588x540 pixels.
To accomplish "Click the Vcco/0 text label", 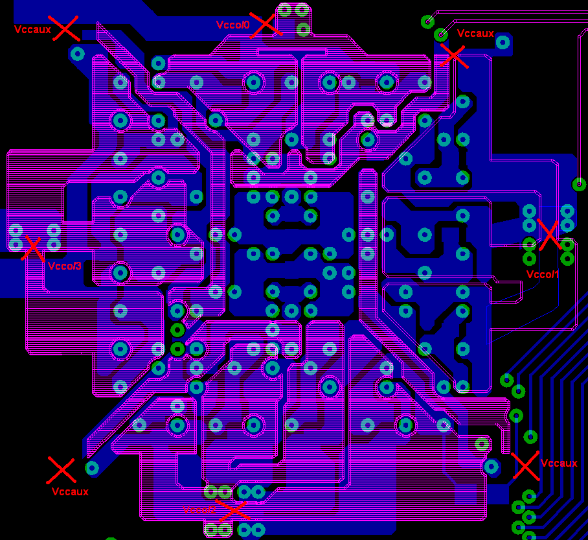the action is pyautogui.click(x=233, y=25).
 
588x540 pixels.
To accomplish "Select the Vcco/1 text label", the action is pyautogui.click(x=543, y=274).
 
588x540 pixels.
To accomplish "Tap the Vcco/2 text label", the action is pyautogui.click(x=199, y=510).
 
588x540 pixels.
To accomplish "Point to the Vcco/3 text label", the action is pyautogui.click(x=65, y=266).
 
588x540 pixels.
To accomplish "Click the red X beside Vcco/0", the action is pyautogui.click(x=266, y=25).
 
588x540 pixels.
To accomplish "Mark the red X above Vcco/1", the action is pyautogui.click(x=550, y=235).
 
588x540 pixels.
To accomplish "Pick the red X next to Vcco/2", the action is pyautogui.click(x=232, y=510).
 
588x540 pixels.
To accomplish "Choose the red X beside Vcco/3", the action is pyautogui.click(x=33, y=249).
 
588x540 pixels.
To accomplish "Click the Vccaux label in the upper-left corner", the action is pyautogui.click(x=32, y=29).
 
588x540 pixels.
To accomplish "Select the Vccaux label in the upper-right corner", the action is pyautogui.click(x=475, y=34).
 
